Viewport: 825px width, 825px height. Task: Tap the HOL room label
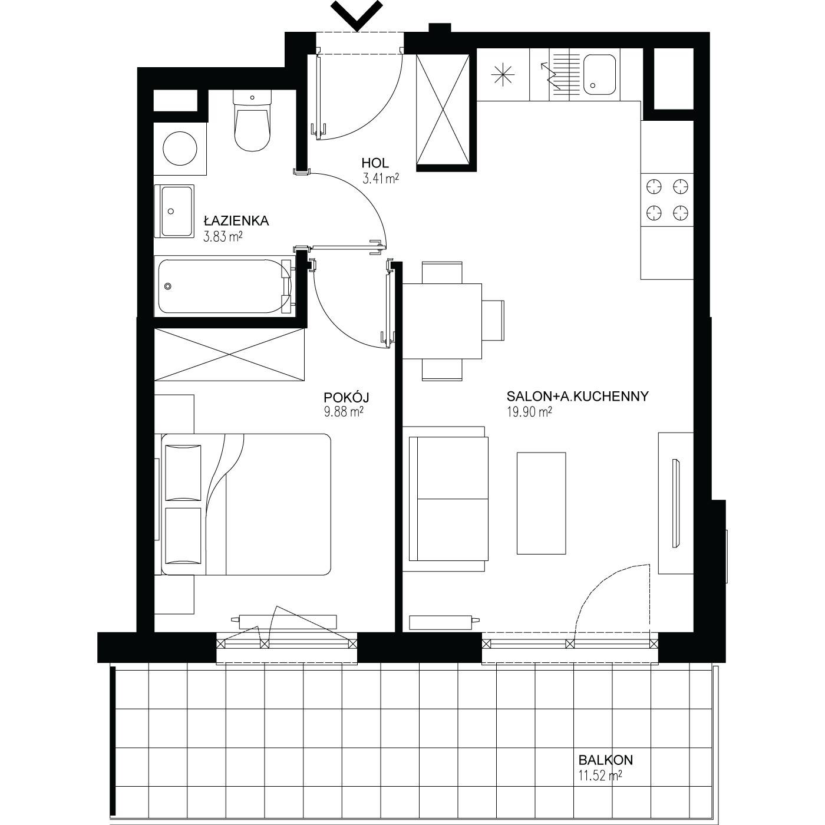(x=375, y=163)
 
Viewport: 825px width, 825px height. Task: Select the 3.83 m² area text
(x=223, y=236)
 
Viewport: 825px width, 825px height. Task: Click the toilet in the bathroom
(x=252, y=120)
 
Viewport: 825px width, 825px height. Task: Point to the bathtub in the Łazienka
(x=225, y=286)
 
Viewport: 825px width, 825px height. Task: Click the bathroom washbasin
(x=174, y=211)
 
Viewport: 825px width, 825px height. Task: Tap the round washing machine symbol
(x=180, y=148)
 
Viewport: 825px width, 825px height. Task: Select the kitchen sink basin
(x=599, y=74)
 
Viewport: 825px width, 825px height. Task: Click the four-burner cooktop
(x=667, y=200)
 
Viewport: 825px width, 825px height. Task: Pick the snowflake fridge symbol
(x=503, y=74)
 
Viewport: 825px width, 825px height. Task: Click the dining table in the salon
(x=442, y=321)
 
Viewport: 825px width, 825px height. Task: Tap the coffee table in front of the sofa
(x=541, y=503)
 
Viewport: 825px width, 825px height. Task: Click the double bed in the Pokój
(x=246, y=504)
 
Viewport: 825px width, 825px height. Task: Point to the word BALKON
(x=605, y=760)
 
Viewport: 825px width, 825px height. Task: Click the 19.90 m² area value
(x=529, y=411)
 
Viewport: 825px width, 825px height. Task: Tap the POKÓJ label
(x=346, y=397)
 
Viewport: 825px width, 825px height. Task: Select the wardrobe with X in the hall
(x=443, y=110)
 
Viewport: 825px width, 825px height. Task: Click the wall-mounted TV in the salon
(x=676, y=503)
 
